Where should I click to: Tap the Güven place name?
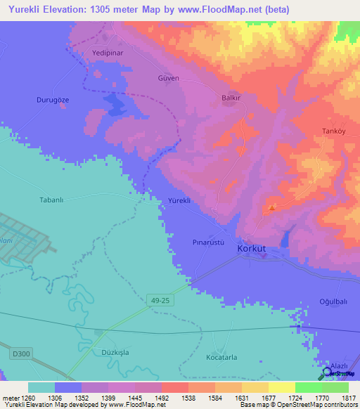(169, 78)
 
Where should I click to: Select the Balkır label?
(232, 98)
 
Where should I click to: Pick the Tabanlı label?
(51, 200)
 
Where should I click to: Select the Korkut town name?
(252, 248)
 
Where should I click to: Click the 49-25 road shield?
(160, 300)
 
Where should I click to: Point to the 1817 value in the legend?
(349, 398)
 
